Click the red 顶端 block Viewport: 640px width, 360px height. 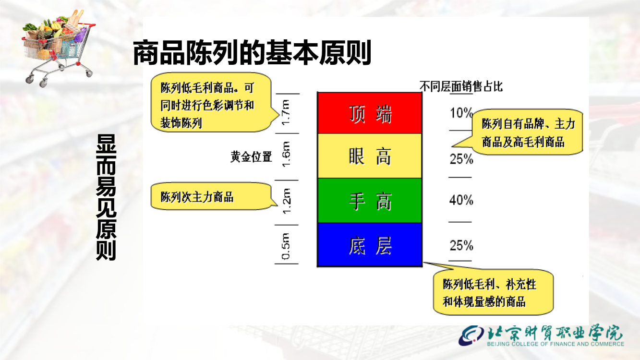click(x=370, y=113)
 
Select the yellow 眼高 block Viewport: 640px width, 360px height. click(x=370, y=156)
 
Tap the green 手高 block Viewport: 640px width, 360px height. click(x=370, y=200)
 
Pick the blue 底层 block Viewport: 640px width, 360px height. click(x=370, y=245)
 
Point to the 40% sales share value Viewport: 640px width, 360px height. click(x=461, y=200)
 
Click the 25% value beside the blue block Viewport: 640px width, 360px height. click(x=461, y=245)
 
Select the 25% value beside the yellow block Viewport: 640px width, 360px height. click(x=461, y=158)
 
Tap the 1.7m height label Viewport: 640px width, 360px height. click(x=286, y=112)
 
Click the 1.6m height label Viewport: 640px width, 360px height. click(x=286, y=155)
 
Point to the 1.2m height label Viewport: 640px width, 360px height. click(x=286, y=201)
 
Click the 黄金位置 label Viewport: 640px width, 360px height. click(x=251, y=156)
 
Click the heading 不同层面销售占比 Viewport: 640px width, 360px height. click(x=461, y=86)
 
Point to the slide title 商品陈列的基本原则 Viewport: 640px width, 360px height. click(x=252, y=53)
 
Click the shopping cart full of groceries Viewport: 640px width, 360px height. click(x=59, y=47)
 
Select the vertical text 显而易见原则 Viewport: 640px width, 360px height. click(x=106, y=197)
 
